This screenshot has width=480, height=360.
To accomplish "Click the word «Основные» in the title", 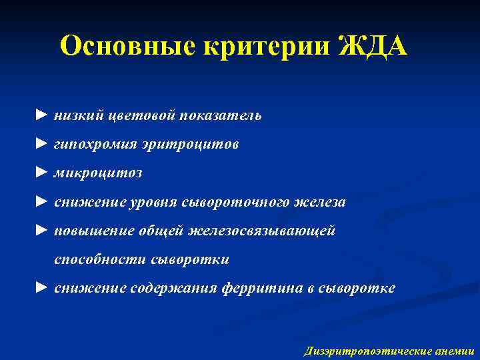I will [x=119, y=47].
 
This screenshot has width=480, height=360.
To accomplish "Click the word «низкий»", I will [x=76, y=115].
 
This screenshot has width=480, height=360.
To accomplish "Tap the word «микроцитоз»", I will [x=98, y=173].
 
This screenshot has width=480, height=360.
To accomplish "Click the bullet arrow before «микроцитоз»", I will [x=42, y=173].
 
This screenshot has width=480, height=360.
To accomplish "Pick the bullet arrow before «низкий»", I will [x=42, y=115].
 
